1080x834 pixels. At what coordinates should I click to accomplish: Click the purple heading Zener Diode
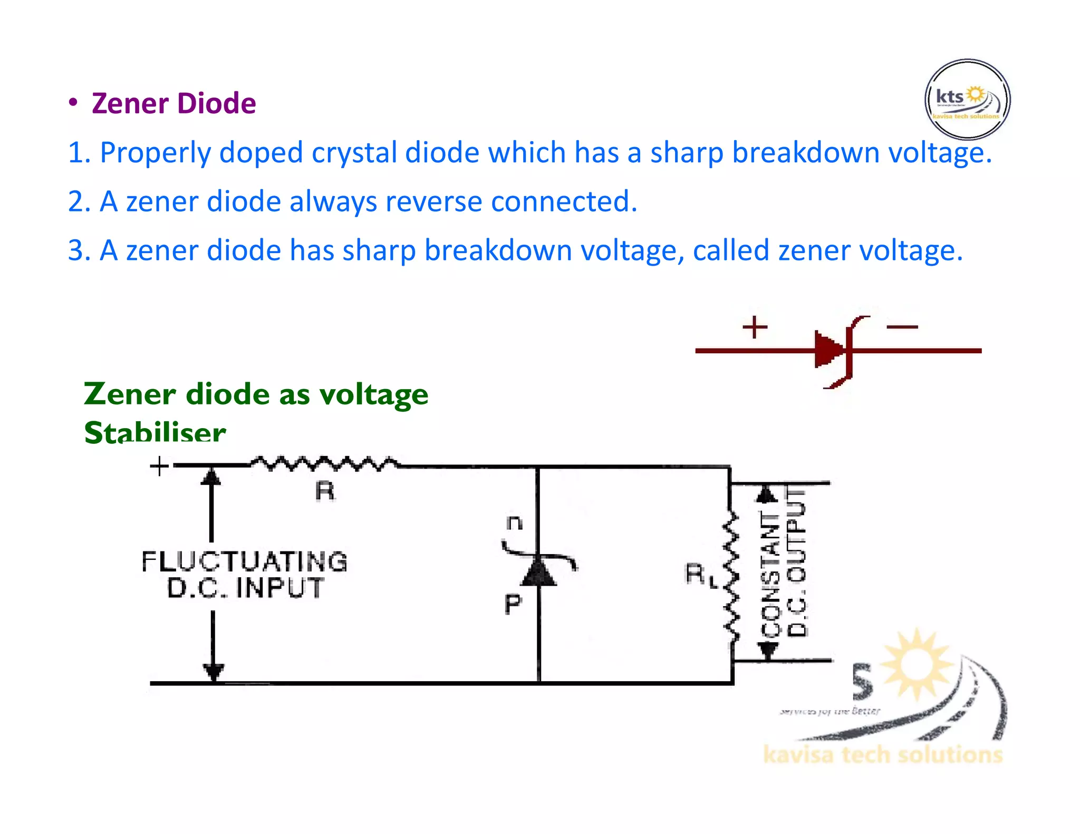(x=173, y=103)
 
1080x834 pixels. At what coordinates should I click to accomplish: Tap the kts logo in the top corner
(x=967, y=100)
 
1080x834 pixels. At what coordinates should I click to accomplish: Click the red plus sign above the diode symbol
(x=755, y=327)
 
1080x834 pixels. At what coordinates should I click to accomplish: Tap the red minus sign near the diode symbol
(x=902, y=327)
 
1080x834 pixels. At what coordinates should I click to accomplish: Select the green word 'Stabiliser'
(x=155, y=432)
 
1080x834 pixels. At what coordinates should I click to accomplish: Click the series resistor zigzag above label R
(x=324, y=464)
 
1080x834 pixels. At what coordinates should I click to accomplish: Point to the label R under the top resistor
(x=325, y=491)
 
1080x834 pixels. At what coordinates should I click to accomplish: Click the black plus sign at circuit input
(x=159, y=466)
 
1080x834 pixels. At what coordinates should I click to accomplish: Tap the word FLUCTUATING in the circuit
(x=245, y=561)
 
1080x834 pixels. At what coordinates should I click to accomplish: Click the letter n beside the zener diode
(x=514, y=523)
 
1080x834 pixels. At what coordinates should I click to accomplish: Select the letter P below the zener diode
(x=513, y=604)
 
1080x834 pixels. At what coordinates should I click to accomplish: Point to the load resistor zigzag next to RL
(x=731, y=577)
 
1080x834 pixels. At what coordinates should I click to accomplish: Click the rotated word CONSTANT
(x=771, y=575)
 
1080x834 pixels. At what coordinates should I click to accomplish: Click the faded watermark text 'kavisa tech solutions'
(x=882, y=755)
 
